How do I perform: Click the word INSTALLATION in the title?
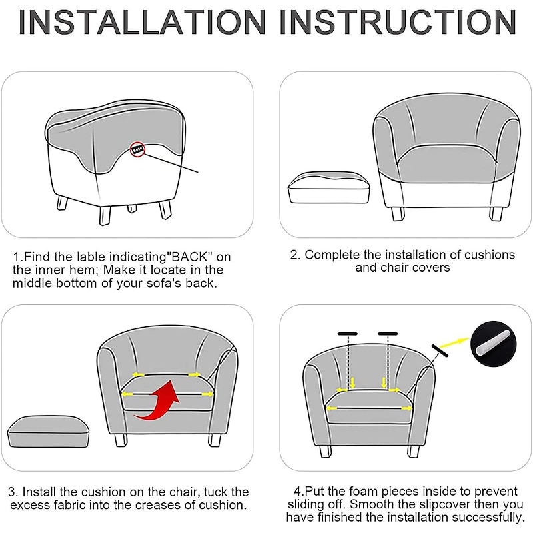141,23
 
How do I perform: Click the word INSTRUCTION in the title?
398,23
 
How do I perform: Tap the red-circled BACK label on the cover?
137,149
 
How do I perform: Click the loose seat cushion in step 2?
328,187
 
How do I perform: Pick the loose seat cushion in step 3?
48,431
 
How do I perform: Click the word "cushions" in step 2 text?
490,255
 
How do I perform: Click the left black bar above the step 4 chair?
348,334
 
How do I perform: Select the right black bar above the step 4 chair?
388,334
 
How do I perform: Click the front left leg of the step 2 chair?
398,214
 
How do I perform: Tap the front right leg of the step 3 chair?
214,440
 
